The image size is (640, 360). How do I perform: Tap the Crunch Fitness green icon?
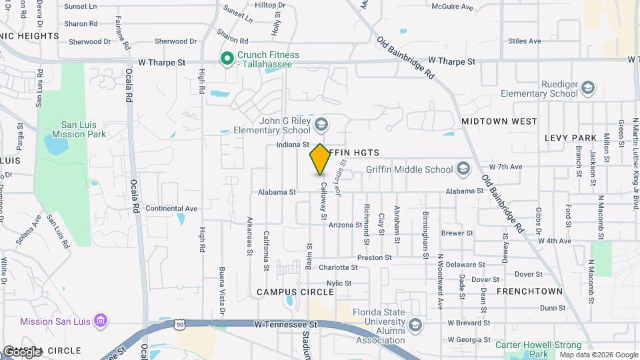tap(227, 59)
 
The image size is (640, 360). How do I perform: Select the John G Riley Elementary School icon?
tap(321, 124)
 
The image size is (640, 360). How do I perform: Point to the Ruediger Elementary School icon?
tap(587, 88)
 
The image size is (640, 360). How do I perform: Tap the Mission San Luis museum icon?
tap(101, 321)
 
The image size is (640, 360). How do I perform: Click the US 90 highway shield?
tap(179, 324)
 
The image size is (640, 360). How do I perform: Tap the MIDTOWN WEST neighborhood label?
tap(499, 122)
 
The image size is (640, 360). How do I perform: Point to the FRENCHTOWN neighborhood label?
tap(527, 291)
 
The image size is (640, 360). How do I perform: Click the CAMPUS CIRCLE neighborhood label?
tap(295, 292)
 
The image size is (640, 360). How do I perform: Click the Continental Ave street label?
tap(171, 209)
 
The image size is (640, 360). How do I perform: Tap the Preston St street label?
tap(374, 257)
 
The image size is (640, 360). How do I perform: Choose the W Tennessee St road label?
tap(284, 324)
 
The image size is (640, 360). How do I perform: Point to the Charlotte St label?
tap(338, 267)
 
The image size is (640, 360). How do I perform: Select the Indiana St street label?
tap(293, 144)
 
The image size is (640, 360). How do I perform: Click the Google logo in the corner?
tap(21, 351)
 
